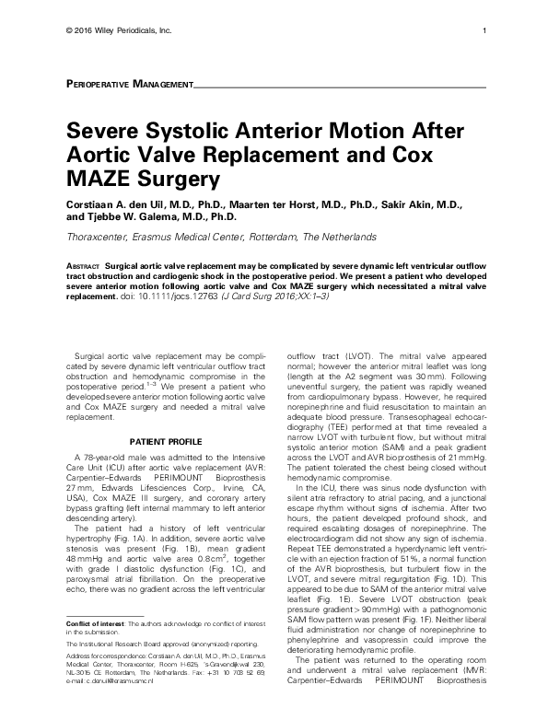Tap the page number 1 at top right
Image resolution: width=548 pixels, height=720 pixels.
(484, 30)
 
